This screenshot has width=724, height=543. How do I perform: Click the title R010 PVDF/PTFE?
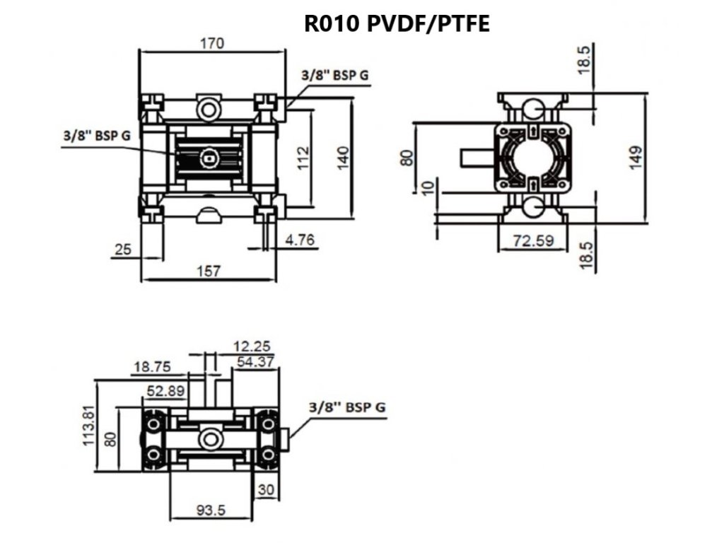[x=397, y=23]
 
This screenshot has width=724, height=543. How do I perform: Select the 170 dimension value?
[x=212, y=43]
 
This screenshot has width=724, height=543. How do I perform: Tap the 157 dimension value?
[x=209, y=271]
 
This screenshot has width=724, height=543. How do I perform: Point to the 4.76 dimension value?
[x=300, y=240]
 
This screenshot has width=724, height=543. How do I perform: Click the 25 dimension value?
[x=123, y=250]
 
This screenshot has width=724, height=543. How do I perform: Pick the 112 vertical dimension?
[x=303, y=158]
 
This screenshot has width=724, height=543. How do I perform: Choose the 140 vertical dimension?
[x=343, y=158]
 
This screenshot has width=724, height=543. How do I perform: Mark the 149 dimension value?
[x=636, y=158]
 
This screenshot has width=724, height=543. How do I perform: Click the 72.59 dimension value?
[x=533, y=240]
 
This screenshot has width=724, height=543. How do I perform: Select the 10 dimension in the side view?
[x=428, y=188]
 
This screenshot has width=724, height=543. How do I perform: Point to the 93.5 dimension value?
[x=211, y=510]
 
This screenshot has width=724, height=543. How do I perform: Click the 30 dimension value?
[x=267, y=489]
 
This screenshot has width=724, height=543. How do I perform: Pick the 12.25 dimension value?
[x=252, y=346]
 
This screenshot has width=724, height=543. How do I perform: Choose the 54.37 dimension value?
[x=255, y=361]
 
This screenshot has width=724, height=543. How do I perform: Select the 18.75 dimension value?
[x=152, y=367]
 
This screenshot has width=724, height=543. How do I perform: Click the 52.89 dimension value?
[x=165, y=391]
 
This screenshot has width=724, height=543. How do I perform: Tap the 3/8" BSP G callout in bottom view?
[x=346, y=407]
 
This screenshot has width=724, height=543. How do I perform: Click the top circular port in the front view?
[x=209, y=110]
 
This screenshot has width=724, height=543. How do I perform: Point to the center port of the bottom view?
[x=211, y=439]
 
